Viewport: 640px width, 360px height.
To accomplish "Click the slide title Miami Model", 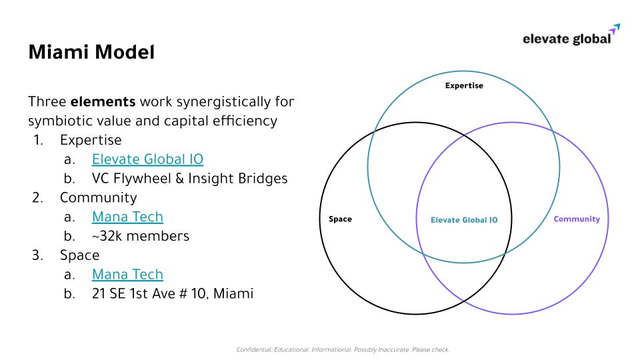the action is pos(91,52).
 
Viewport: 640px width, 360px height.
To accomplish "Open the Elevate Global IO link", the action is pos(147,159).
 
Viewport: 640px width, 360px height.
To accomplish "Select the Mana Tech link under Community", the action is pos(127,217).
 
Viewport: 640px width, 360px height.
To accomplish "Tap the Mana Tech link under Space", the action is pos(127,274).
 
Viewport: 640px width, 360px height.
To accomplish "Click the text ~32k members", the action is pos(141,236).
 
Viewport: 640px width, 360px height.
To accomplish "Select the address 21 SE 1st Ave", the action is pos(173,293).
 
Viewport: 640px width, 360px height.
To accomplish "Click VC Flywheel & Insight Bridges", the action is pos(190,179).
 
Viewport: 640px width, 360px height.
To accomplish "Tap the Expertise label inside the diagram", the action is pos(464,85).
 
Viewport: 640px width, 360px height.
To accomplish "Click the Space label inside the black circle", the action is pos(340,219).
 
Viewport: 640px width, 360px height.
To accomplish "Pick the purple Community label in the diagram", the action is pos(577,219).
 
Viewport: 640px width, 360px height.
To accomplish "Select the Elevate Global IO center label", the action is pos(463,220).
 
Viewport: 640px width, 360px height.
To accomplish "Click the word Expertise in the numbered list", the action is pos(91,140).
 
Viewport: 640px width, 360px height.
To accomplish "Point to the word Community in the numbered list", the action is pos(98,197).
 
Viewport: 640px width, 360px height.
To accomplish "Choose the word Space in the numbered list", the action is pos(79,255).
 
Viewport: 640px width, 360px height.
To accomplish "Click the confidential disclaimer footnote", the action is pos(343,349).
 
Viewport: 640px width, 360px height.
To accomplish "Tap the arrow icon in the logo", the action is pos(615,29).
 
